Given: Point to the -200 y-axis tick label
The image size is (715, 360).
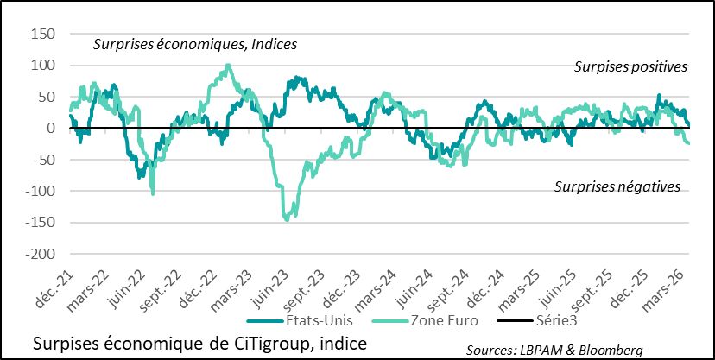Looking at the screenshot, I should (x=40, y=255).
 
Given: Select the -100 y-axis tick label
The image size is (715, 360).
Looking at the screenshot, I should (x=40, y=192).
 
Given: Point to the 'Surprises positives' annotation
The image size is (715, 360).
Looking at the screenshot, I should (x=630, y=66).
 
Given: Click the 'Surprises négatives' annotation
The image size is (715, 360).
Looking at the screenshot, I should (x=617, y=186).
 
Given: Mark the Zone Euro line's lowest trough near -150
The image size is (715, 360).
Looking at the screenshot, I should (x=288, y=219).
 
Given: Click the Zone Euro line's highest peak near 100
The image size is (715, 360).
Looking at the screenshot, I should (x=228, y=65).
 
